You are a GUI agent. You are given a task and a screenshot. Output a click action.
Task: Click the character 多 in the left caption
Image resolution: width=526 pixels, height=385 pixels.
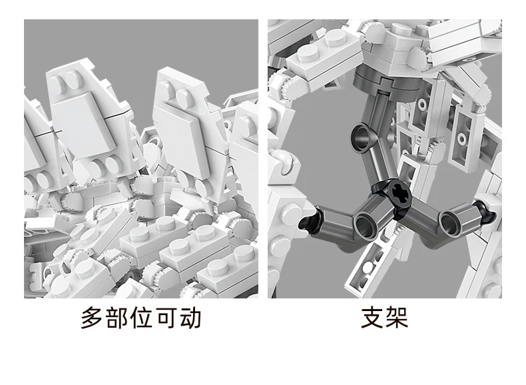[x=92, y=317]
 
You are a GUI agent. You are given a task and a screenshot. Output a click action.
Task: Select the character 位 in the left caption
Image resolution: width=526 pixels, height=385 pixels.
[x=141, y=317]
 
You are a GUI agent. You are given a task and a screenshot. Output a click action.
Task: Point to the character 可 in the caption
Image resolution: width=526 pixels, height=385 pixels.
[x=166, y=317]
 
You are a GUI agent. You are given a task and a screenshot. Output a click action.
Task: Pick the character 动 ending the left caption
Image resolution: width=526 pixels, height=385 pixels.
[x=190, y=317]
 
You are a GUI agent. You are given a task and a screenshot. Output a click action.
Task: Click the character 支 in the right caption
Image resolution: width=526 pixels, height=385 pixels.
[x=372, y=317]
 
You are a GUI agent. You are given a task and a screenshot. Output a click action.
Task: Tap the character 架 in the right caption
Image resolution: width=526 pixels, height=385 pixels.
[x=397, y=317]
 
